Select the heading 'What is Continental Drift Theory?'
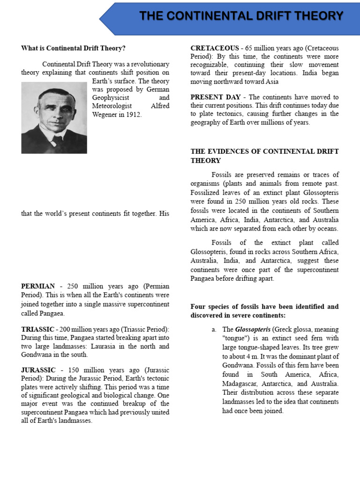tap(74, 48)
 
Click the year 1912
tap(133, 114)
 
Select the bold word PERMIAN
tap(38, 286)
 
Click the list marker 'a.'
tap(214, 330)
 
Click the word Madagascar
tap(240, 383)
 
